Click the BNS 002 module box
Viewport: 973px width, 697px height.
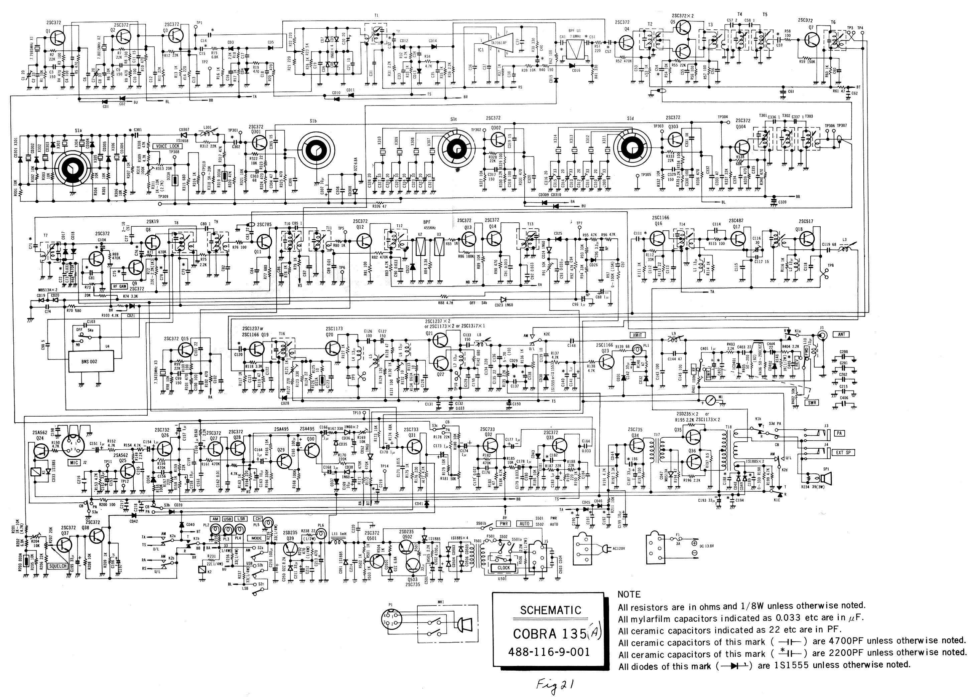point(89,362)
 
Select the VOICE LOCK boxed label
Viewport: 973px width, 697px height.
point(168,146)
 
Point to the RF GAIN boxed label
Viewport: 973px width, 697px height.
point(119,286)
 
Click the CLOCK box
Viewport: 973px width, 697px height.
point(503,567)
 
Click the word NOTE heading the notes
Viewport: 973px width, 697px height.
point(629,595)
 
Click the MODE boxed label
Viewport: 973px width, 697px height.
point(257,538)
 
